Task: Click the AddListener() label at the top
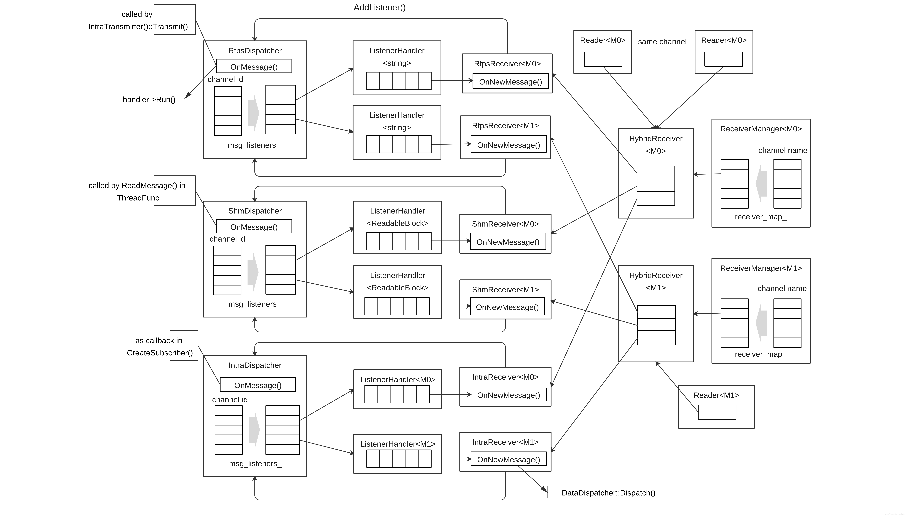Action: (379, 7)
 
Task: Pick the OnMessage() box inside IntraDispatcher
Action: (258, 384)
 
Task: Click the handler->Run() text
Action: (149, 100)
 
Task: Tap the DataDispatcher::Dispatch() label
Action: (608, 493)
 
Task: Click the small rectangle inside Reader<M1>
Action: (717, 412)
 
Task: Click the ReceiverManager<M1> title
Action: (761, 268)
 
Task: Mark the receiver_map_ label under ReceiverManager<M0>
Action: (760, 217)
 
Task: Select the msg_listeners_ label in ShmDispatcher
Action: (254, 304)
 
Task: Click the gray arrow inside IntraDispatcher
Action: (254, 430)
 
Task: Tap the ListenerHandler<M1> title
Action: (398, 444)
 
